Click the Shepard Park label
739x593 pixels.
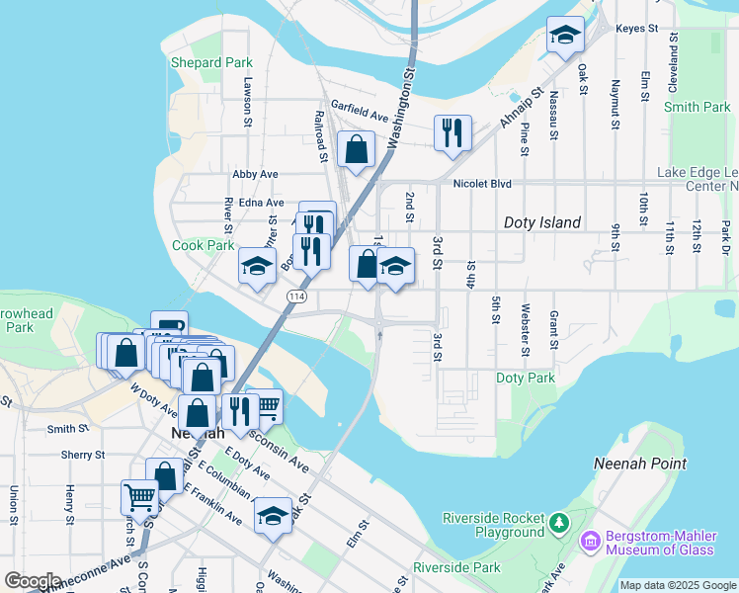(x=211, y=62)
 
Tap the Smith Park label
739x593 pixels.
(x=697, y=107)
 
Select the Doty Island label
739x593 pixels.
(x=542, y=222)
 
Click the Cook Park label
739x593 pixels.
(x=204, y=245)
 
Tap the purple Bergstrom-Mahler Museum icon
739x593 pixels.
(x=591, y=541)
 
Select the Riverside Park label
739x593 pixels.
(x=456, y=567)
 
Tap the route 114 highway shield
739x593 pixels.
(x=296, y=296)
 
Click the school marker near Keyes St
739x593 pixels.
(x=565, y=37)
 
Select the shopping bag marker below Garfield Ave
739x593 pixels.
(x=356, y=150)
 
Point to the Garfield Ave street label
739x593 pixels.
(x=361, y=103)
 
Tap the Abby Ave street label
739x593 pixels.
(x=255, y=174)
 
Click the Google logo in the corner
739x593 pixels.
(x=34, y=581)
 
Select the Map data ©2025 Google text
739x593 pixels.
(x=678, y=585)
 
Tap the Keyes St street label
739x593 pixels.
(x=636, y=29)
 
